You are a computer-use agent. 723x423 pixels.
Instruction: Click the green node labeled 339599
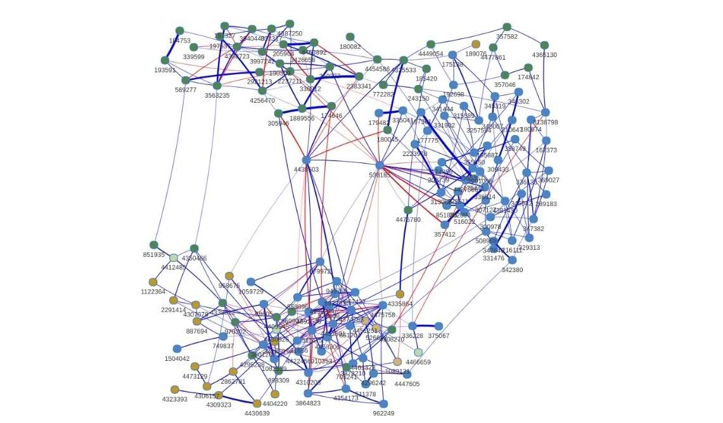point(194,47)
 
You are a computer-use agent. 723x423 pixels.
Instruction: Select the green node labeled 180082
point(350,37)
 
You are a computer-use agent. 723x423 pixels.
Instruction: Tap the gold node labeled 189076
point(476,44)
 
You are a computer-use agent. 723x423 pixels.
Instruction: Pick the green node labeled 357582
point(507,27)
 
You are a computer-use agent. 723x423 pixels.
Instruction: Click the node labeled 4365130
point(544,45)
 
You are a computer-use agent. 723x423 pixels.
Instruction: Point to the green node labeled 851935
point(154,245)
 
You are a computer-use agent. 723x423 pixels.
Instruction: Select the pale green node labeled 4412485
point(174,257)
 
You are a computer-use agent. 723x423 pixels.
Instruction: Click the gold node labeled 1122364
point(153,282)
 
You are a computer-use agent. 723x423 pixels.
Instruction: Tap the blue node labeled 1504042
point(177,349)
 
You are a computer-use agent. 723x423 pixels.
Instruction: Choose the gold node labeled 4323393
point(175,389)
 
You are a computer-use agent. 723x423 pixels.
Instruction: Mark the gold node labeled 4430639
point(257,404)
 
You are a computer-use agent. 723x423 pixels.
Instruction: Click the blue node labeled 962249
point(383,404)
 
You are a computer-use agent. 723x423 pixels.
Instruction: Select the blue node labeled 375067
point(438,327)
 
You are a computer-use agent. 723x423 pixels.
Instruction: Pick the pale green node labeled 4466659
point(418,353)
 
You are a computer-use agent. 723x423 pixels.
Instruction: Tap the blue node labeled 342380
point(512,260)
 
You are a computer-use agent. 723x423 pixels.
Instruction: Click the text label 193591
point(165,70)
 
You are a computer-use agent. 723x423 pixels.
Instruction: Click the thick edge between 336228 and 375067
point(425,326)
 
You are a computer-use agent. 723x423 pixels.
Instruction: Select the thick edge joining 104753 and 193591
point(172,46)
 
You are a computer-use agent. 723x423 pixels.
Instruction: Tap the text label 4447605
point(407,384)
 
